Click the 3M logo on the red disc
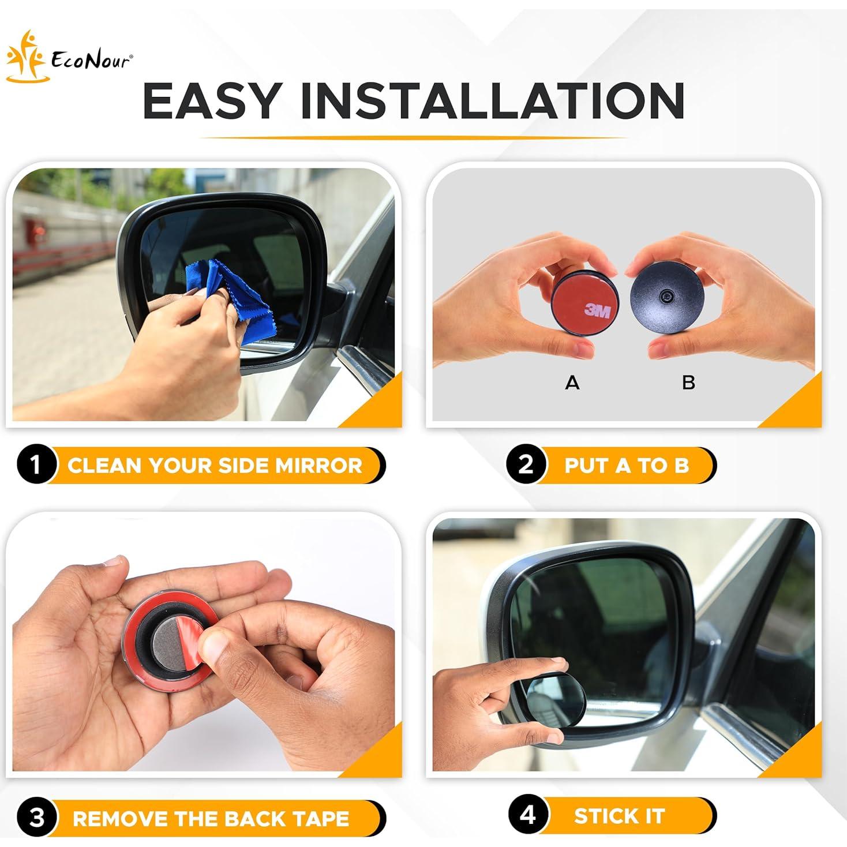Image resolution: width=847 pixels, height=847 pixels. [x=597, y=311]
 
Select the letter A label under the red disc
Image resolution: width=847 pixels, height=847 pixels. [x=572, y=382]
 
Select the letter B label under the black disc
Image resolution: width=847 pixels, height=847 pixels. [x=688, y=382]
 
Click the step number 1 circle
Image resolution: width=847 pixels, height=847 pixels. [x=36, y=465]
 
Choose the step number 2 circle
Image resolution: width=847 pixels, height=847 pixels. [x=526, y=465]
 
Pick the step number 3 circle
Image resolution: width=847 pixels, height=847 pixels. [x=36, y=818]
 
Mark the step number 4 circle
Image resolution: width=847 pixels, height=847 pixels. [x=527, y=816]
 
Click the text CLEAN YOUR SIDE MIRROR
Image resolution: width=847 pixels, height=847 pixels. [x=215, y=466]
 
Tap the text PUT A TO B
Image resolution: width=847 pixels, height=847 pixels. [x=627, y=466]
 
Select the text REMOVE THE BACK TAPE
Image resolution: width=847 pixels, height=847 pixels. [x=211, y=818]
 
